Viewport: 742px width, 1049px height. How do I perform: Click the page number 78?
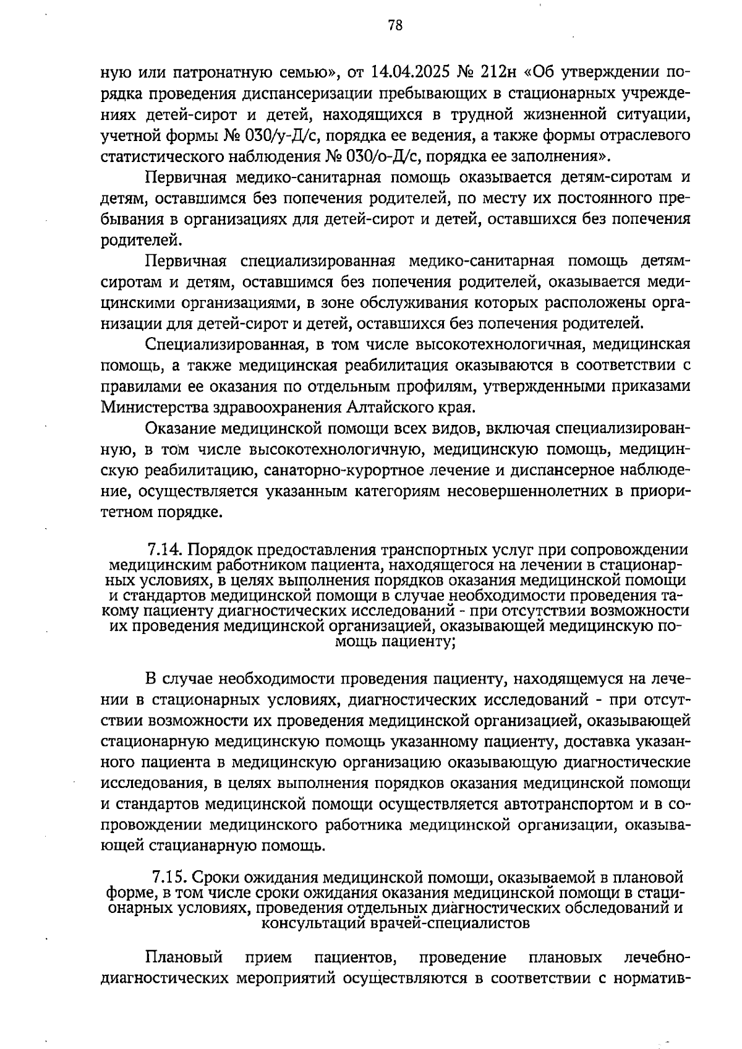point(395,25)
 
